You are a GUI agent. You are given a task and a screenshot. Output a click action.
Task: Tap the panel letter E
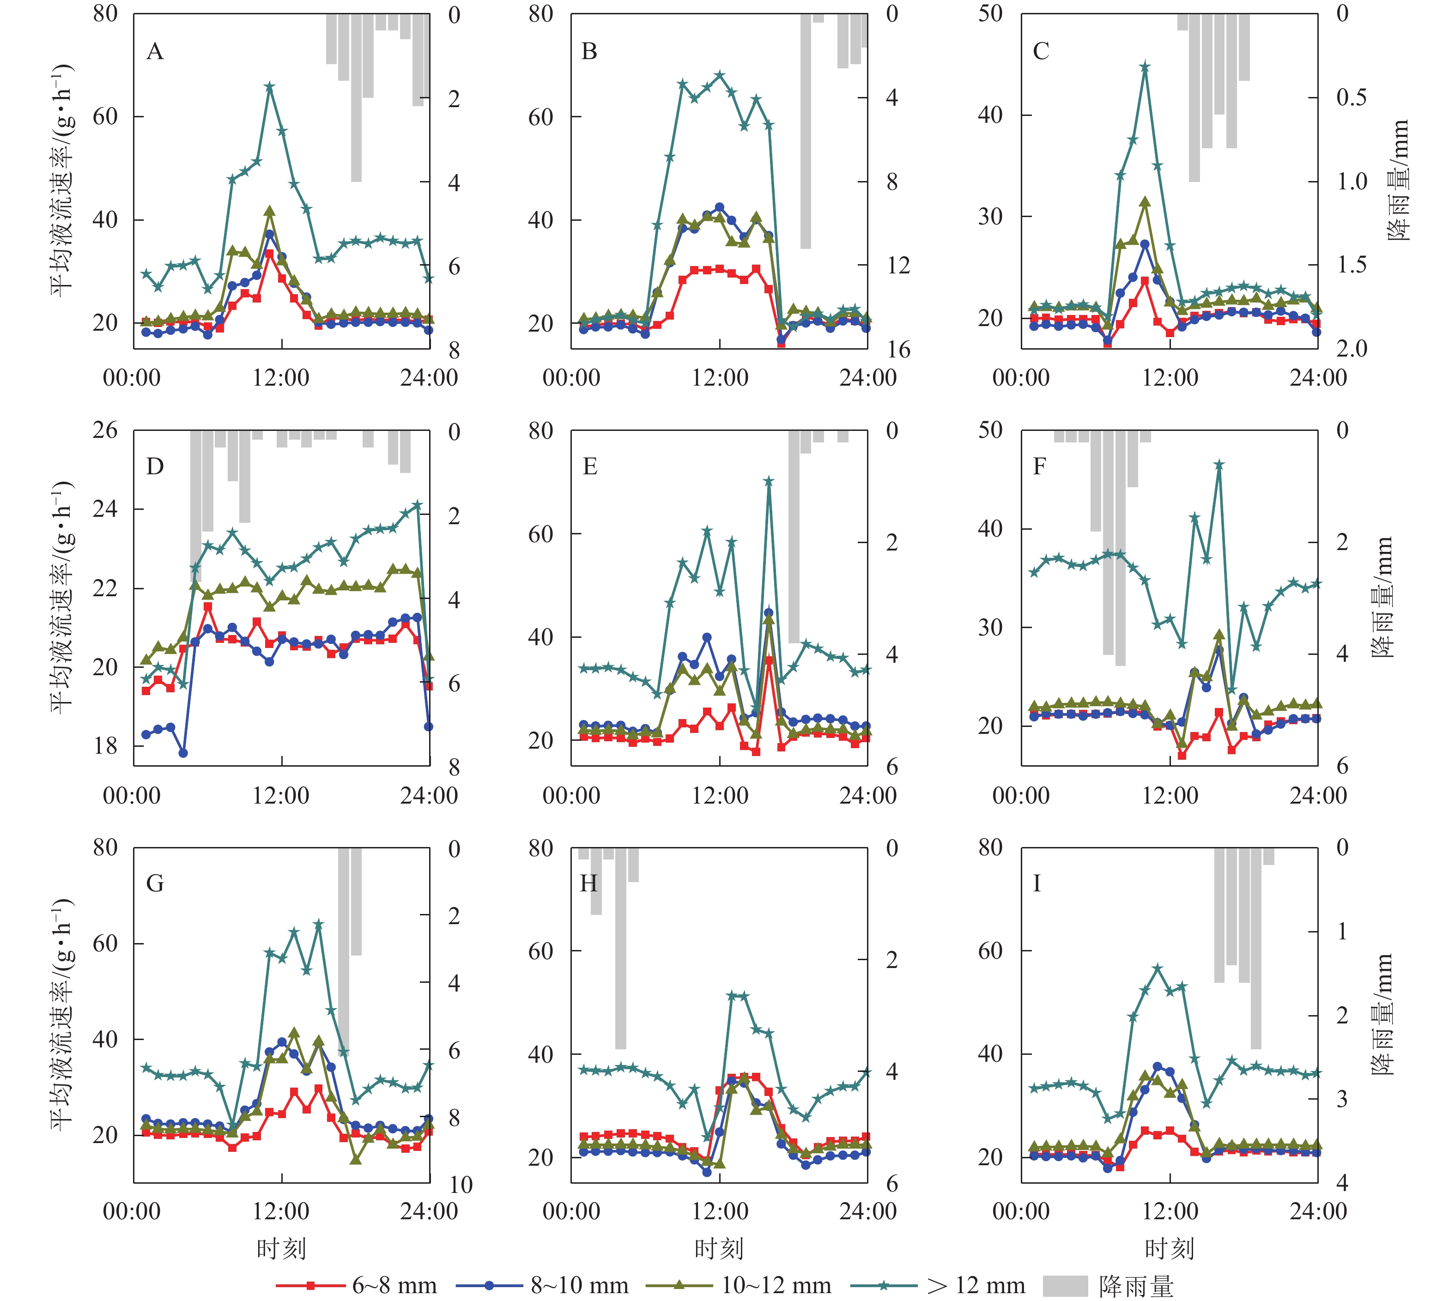(x=590, y=467)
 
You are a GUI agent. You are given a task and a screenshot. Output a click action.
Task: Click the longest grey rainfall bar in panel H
(x=621, y=948)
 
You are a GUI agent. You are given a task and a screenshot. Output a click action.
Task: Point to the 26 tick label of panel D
(x=105, y=430)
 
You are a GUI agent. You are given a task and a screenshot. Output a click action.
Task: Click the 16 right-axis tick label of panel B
(x=899, y=350)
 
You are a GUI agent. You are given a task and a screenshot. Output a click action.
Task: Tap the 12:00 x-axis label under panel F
(x=1170, y=795)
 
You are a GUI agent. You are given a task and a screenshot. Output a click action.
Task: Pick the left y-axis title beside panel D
(x=62, y=597)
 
